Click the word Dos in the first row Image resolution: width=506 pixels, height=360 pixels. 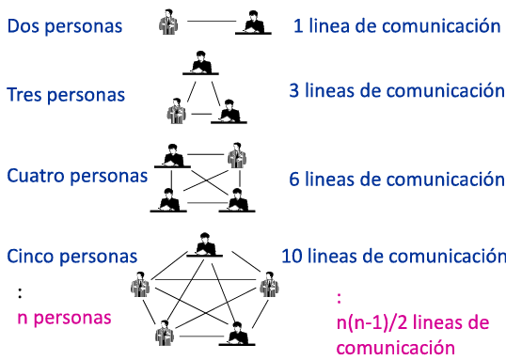tap(24, 25)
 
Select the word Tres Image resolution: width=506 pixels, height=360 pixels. tap(24, 95)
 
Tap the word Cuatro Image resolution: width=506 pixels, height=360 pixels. tap(36, 176)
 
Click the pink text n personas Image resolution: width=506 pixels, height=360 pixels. tap(64, 318)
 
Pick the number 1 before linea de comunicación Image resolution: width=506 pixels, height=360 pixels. tap(298, 25)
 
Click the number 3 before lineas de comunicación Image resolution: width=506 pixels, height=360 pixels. tap(294, 90)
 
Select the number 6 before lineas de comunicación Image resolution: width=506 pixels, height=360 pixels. tap(294, 179)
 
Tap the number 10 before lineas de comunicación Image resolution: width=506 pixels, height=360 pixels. tap(293, 256)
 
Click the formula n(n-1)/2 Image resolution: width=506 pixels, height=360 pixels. tap(372, 322)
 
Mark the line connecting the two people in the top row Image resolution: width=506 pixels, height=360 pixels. tap(212, 22)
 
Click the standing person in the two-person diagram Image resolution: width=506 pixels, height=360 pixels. tap(168, 22)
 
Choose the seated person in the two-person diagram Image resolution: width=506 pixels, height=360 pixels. tap(253, 23)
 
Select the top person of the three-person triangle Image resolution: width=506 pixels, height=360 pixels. tap(200, 63)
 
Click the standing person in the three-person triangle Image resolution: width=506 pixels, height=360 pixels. tap(177, 111)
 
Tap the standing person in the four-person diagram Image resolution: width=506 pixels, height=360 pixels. tap(237, 155)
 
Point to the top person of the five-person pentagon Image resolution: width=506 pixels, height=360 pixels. tap(205, 244)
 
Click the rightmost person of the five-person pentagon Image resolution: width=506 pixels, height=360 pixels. tap(269, 284)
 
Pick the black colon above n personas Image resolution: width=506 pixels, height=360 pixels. tap(20, 293)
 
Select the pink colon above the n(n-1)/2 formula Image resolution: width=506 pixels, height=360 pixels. tap(339, 298)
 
